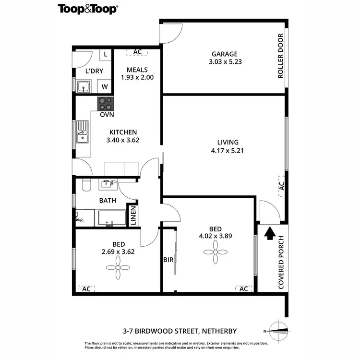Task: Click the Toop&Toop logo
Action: coord(88,9)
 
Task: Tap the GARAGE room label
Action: coord(225,54)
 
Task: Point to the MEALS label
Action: coord(137,69)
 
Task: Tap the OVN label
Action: coord(107,115)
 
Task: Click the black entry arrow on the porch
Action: coord(270,233)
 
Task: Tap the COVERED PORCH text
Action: coord(282,263)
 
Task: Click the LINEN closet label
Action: coord(132,216)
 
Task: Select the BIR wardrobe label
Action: coord(168,261)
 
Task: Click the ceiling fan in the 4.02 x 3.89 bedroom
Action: coord(215,251)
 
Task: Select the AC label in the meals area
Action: coord(137,52)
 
